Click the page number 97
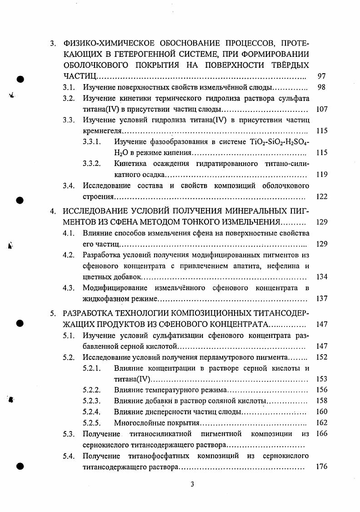pos(321,76)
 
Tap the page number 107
pos(321,109)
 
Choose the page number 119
pos(321,175)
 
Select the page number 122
pos(321,196)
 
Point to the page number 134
pos(321,277)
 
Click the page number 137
pos(321,299)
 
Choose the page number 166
pos(321,434)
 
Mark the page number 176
pos(321,467)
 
